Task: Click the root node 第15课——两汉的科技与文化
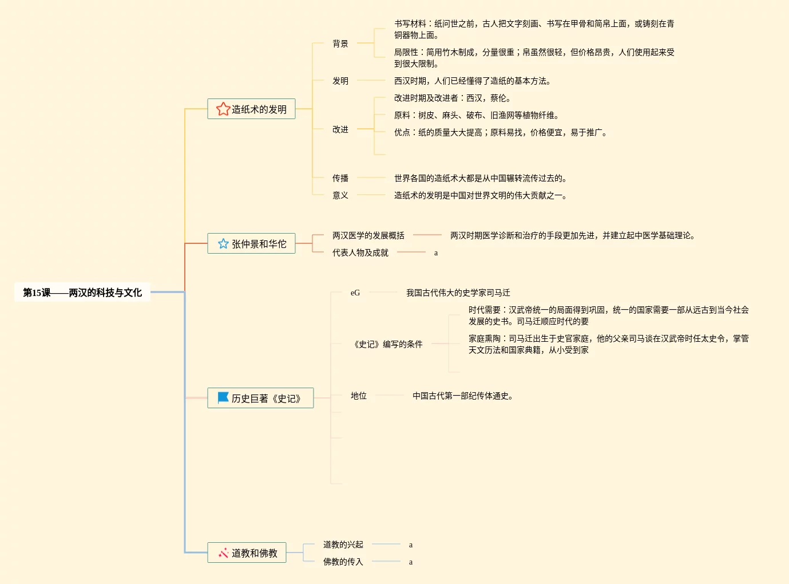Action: (82, 293)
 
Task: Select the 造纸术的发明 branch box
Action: (251, 109)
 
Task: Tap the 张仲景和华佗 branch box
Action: (251, 243)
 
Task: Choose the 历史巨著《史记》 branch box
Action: (260, 398)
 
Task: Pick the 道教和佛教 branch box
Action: (247, 553)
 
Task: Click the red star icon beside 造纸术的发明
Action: (223, 109)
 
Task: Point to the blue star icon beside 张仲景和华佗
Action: (223, 244)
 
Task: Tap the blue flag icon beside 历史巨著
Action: (223, 398)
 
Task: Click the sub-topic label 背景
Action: (340, 44)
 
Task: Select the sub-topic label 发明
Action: (340, 81)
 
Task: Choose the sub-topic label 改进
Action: (340, 129)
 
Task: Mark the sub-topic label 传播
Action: (340, 178)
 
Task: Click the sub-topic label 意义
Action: (340, 195)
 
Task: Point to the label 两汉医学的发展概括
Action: (368, 235)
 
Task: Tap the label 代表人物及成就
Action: (360, 252)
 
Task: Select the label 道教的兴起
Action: (343, 544)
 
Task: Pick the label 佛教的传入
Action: (343, 562)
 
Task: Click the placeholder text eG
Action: (355, 293)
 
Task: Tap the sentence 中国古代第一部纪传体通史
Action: (462, 396)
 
